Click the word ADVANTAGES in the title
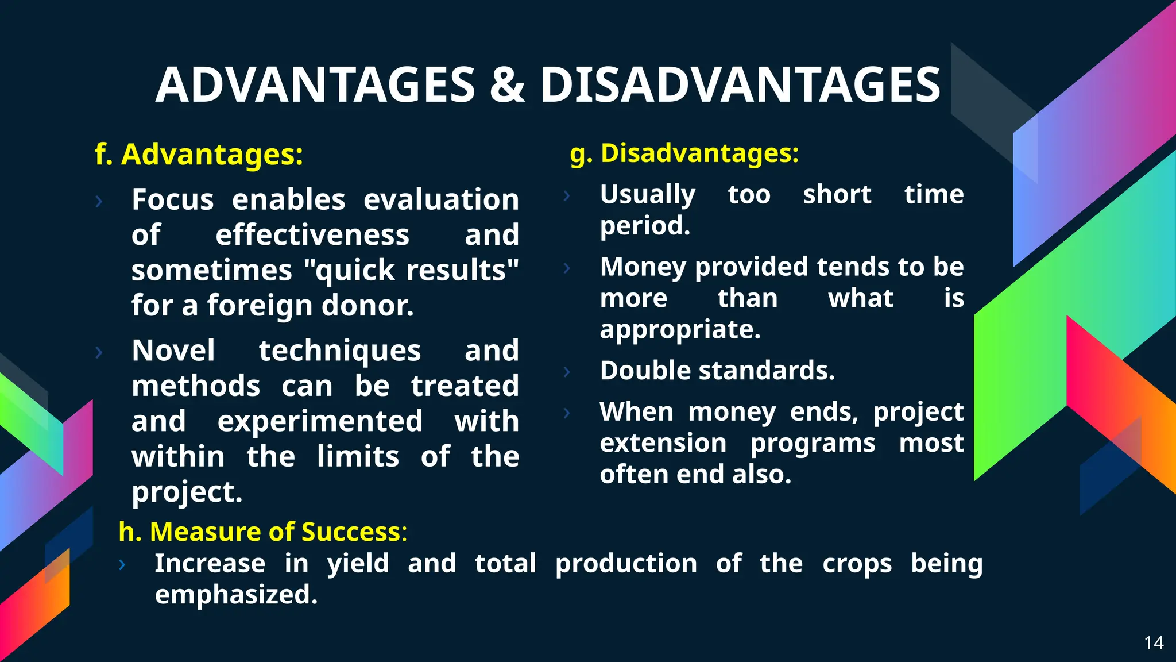coord(315,85)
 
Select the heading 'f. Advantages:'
coord(199,155)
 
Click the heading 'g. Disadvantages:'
coord(684,153)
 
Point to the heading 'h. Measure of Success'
coord(262,532)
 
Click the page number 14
coord(1154,642)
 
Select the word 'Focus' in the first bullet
coord(172,200)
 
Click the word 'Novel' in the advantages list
coord(173,351)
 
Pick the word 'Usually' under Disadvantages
coord(647,194)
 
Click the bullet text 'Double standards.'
coord(717,371)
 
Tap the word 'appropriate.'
coord(680,330)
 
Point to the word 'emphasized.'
coord(236,595)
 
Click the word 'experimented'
coord(320,421)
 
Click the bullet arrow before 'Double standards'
coord(567,372)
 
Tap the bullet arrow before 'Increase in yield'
coord(122,565)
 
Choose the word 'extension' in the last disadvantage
coord(663,443)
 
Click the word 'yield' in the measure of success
coord(358,564)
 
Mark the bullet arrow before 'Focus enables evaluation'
coord(99,201)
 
